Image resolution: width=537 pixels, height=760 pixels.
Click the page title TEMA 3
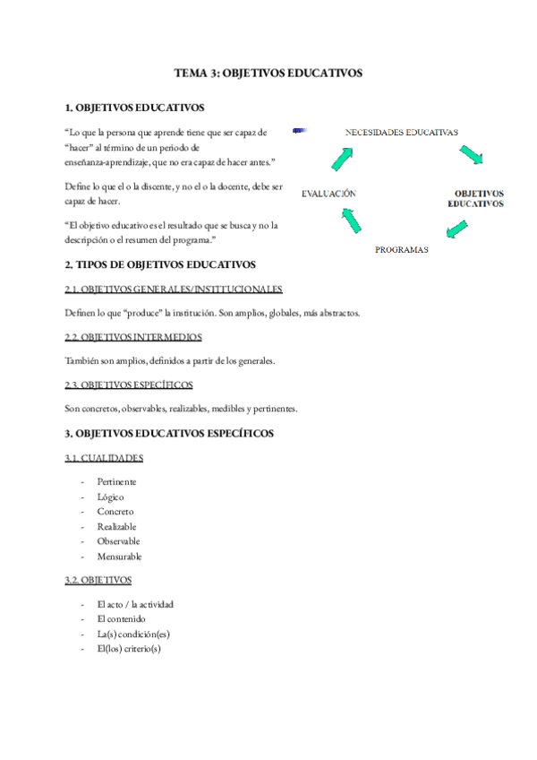coord(268,74)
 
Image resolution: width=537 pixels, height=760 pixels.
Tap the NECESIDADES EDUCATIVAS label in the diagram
coord(402,132)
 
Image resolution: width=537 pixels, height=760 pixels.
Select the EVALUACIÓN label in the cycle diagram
coord(328,193)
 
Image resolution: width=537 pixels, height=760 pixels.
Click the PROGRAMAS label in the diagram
coord(401,249)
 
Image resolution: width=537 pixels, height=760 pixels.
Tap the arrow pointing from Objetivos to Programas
coord(456,229)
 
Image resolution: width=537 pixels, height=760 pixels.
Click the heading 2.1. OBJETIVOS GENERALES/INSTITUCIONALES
coord(174,289)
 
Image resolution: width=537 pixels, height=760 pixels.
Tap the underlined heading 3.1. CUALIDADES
coord(104,458)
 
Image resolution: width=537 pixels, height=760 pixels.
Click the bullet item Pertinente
coord(117,481)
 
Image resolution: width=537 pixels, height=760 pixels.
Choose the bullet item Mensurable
coord(119,557)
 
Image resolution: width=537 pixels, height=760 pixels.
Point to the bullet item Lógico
coord(111,497)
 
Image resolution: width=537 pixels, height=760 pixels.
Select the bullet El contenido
coord(121,618)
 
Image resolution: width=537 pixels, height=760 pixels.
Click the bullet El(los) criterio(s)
coord(129,649)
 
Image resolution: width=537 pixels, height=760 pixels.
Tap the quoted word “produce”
coord(141,314)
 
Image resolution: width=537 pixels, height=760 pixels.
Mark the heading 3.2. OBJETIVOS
coord(98,580)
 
